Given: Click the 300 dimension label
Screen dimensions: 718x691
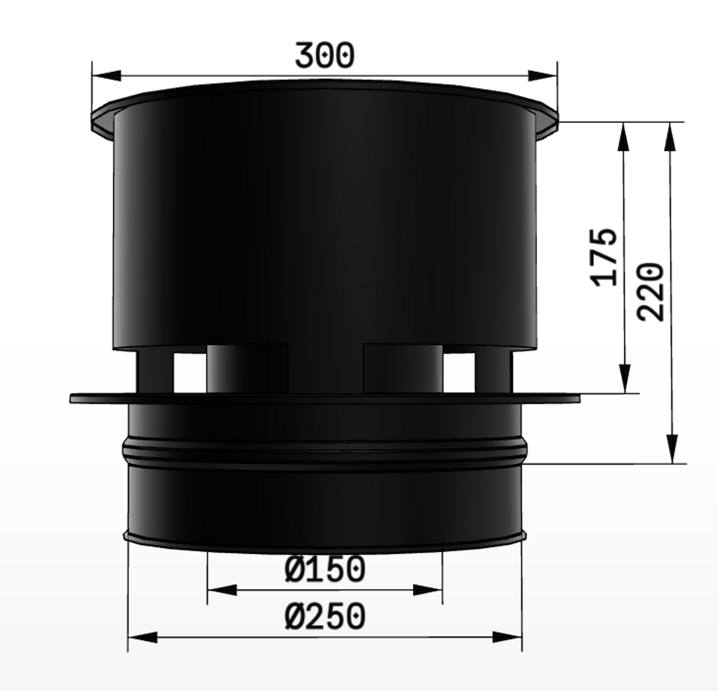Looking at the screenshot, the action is (324, 55).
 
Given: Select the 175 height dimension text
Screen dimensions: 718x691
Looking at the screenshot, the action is (604, 257).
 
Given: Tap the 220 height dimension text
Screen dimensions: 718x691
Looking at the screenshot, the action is (651, 292).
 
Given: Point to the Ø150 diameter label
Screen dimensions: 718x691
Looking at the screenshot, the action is (325, 569).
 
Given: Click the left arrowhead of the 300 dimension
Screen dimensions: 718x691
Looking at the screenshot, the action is (107, 75).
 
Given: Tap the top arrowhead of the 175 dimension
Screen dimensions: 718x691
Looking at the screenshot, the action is (623, 136).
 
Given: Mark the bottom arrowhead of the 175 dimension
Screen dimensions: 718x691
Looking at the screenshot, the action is (625, 379).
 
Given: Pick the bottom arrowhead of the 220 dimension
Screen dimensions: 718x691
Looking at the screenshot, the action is (672, 449).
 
